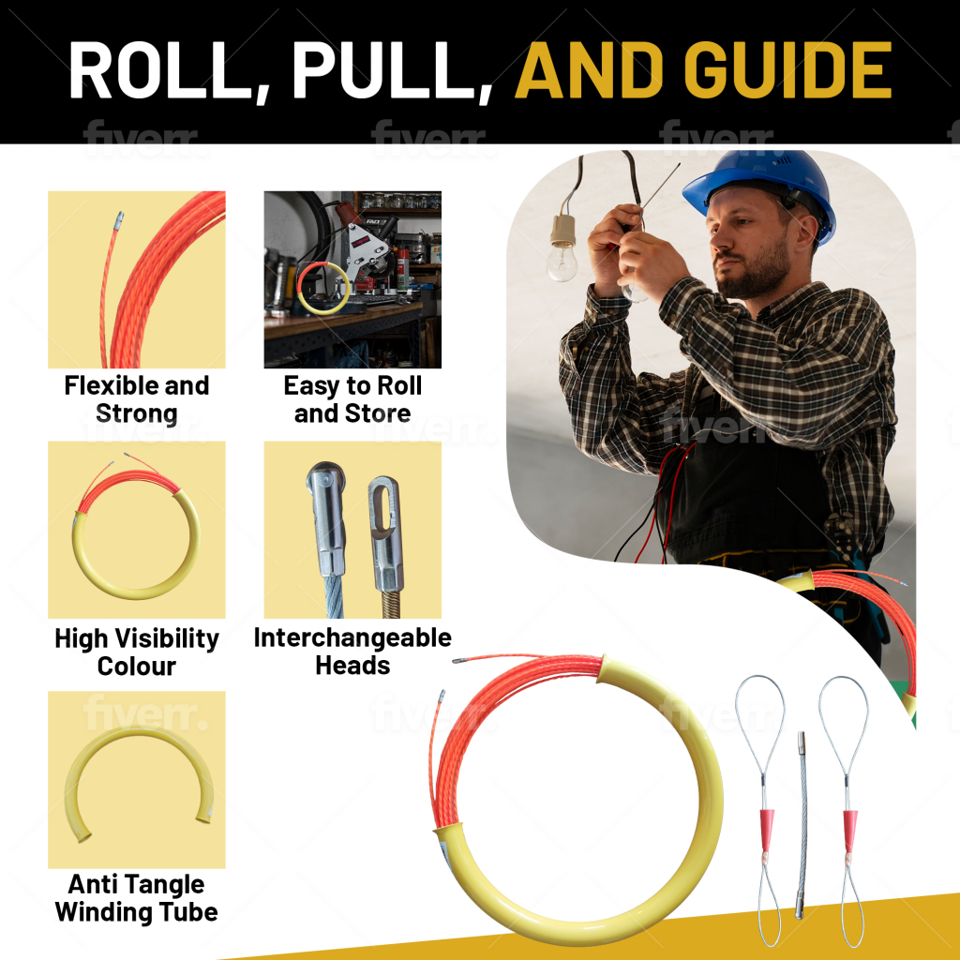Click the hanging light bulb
(562, 262)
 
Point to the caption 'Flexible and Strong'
(137, 399)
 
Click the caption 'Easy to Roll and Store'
(352, 399)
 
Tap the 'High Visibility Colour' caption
(137, 652)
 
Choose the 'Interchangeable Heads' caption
(352, 651)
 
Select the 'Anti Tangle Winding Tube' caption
(137, 898)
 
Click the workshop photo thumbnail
(352, 279)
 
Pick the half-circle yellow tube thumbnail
(137, 779)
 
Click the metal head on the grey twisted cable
(327, 519)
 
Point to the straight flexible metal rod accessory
(801, 825)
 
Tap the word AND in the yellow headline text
(589, 69)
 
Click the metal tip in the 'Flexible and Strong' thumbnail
(117, 220)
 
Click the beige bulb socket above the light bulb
(562, 230)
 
